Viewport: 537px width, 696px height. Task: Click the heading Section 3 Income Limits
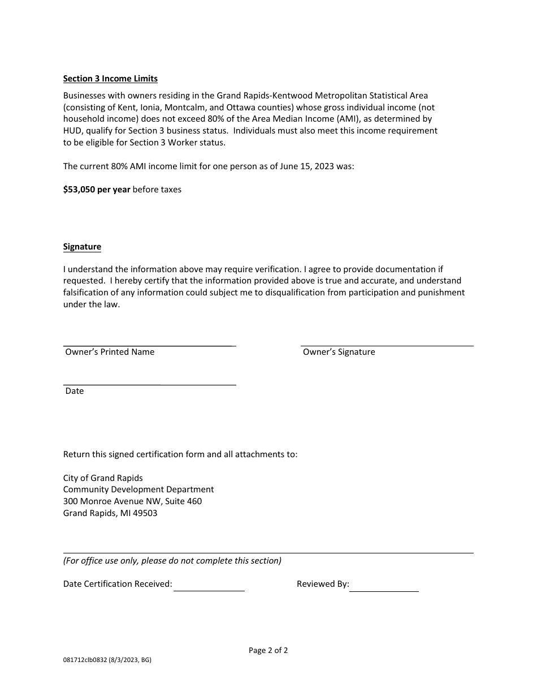(110, 79)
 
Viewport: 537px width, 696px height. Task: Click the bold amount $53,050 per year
(97, 190)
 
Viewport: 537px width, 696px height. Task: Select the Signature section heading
(82, 247)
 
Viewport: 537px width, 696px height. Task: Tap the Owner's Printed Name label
(110, 352)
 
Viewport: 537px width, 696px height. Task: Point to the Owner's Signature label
(339, 352)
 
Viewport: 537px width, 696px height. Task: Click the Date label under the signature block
(75, 391)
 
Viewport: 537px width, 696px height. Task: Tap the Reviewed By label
(323, 584)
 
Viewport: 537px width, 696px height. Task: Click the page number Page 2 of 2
(268, 650)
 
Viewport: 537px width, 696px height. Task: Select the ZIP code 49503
(146, 513)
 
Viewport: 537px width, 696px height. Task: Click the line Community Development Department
(138, 489)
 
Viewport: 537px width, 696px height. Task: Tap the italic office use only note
(172, 561)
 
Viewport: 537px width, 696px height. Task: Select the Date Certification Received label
(118, 584)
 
